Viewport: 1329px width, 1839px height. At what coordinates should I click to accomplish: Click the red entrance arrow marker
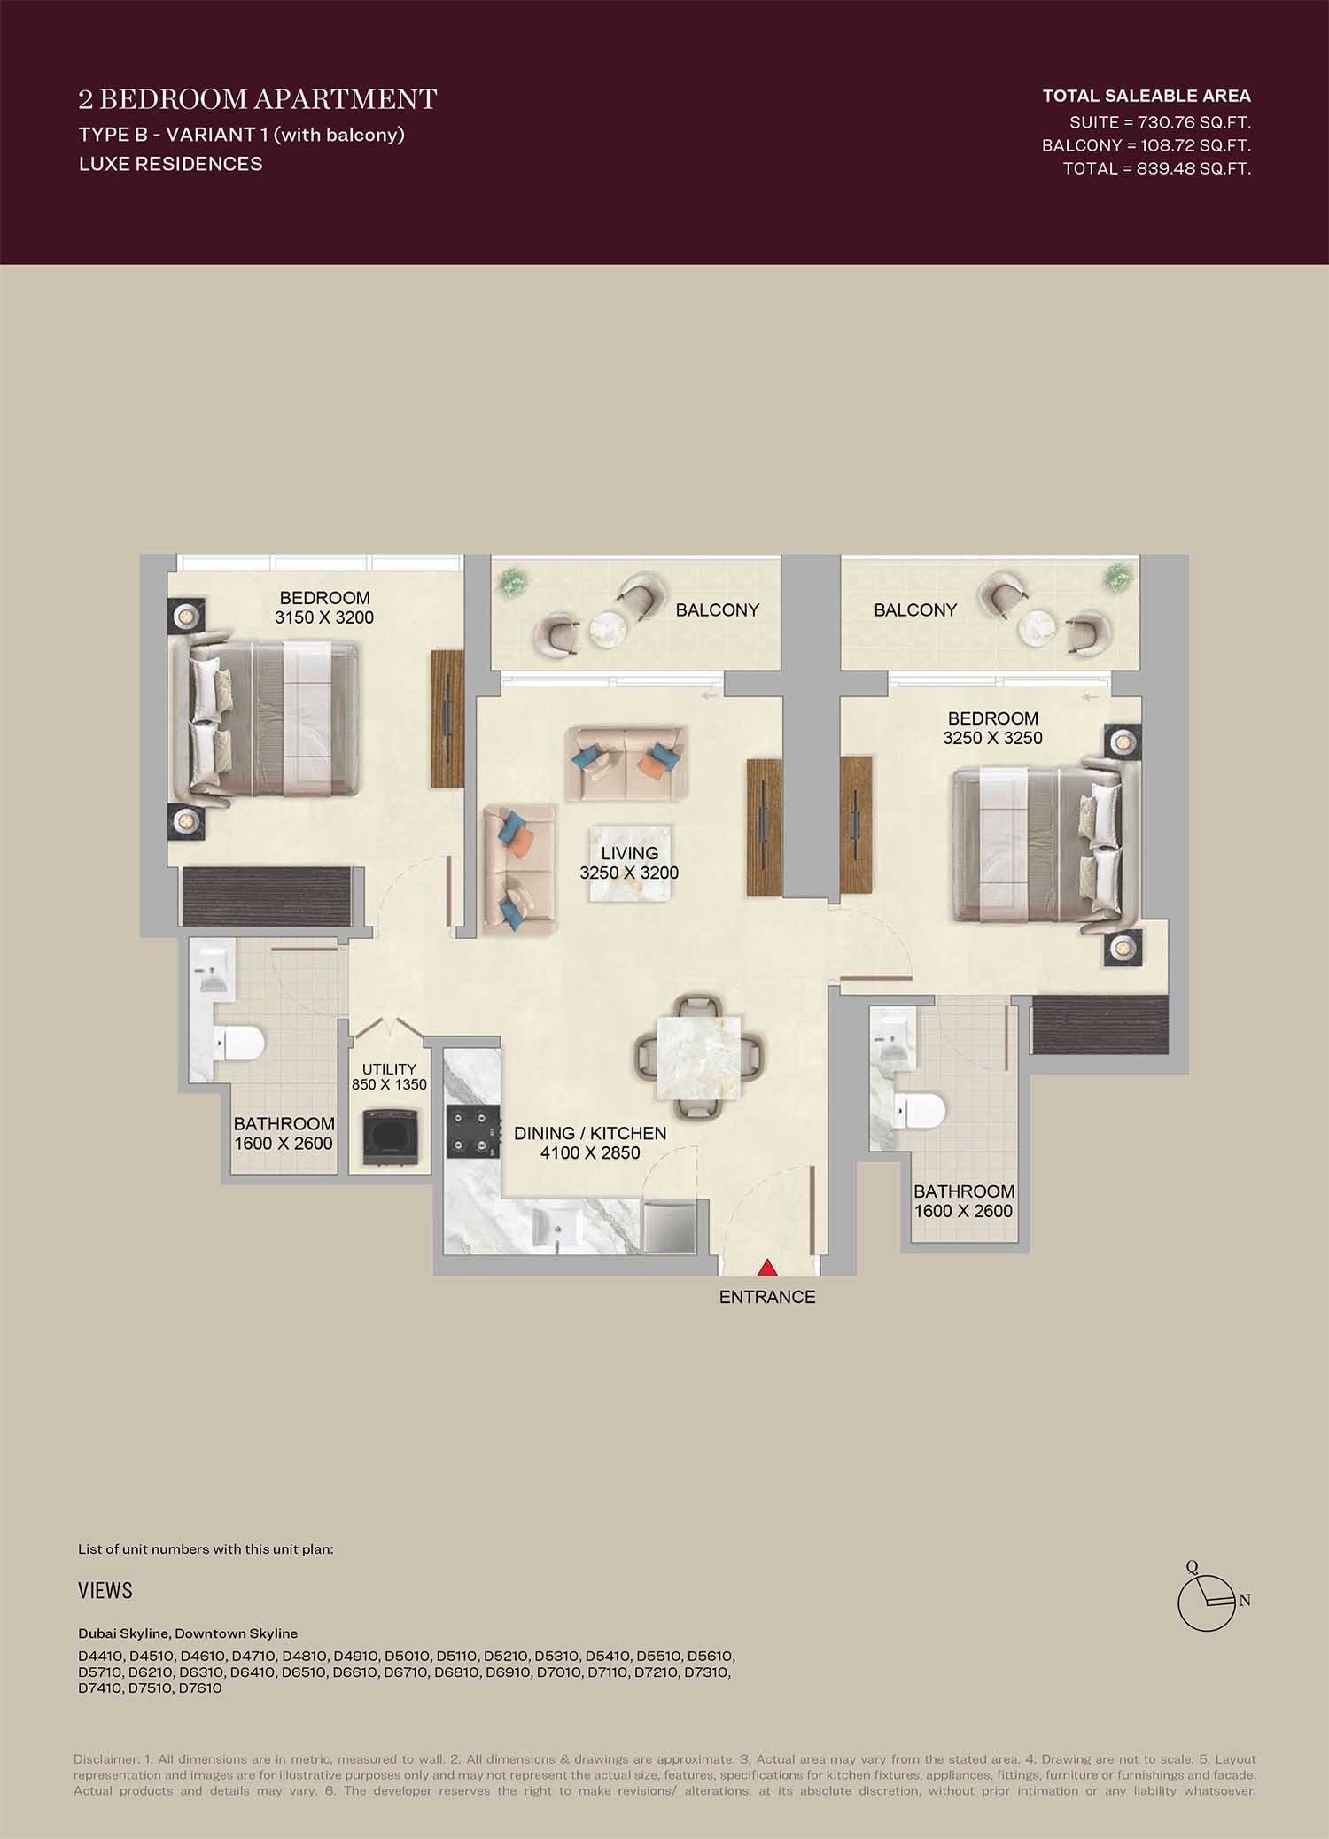click(x=767, y=1268)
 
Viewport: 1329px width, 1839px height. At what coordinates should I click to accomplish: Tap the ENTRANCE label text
click(x=767, y=1297)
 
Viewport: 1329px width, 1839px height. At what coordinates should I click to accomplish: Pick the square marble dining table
click(x=697, y=1057)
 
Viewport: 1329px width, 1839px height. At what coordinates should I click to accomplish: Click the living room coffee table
click(x=630, y=863)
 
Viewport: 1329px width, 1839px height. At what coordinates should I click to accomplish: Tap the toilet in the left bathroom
click(x=240, y=1043)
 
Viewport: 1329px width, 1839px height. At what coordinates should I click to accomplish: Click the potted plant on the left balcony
click(x=511, y=582)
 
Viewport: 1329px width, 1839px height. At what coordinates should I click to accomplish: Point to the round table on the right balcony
click(x=1037, y=629)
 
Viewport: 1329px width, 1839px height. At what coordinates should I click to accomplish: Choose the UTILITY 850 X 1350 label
click(x=389, y=1077)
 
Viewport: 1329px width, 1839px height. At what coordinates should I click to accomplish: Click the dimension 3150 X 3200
click(x=324, y=617)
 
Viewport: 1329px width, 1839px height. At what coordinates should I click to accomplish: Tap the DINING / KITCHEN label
click(x=590, y=1133)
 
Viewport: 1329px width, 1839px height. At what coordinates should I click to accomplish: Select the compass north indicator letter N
click(x=1245, y=1600)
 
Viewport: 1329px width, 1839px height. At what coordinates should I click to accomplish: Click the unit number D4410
click(x=100, y=1656)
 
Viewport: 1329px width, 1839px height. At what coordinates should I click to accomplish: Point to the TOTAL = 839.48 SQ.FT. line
click(x=1156, y=168)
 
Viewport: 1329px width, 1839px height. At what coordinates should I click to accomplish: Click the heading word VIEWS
click(x=105, y=1591)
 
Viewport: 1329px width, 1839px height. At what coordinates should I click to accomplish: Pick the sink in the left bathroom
click(x=213, y=973)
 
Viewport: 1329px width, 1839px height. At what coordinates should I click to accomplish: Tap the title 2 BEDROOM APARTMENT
click(x=258, y=98)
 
